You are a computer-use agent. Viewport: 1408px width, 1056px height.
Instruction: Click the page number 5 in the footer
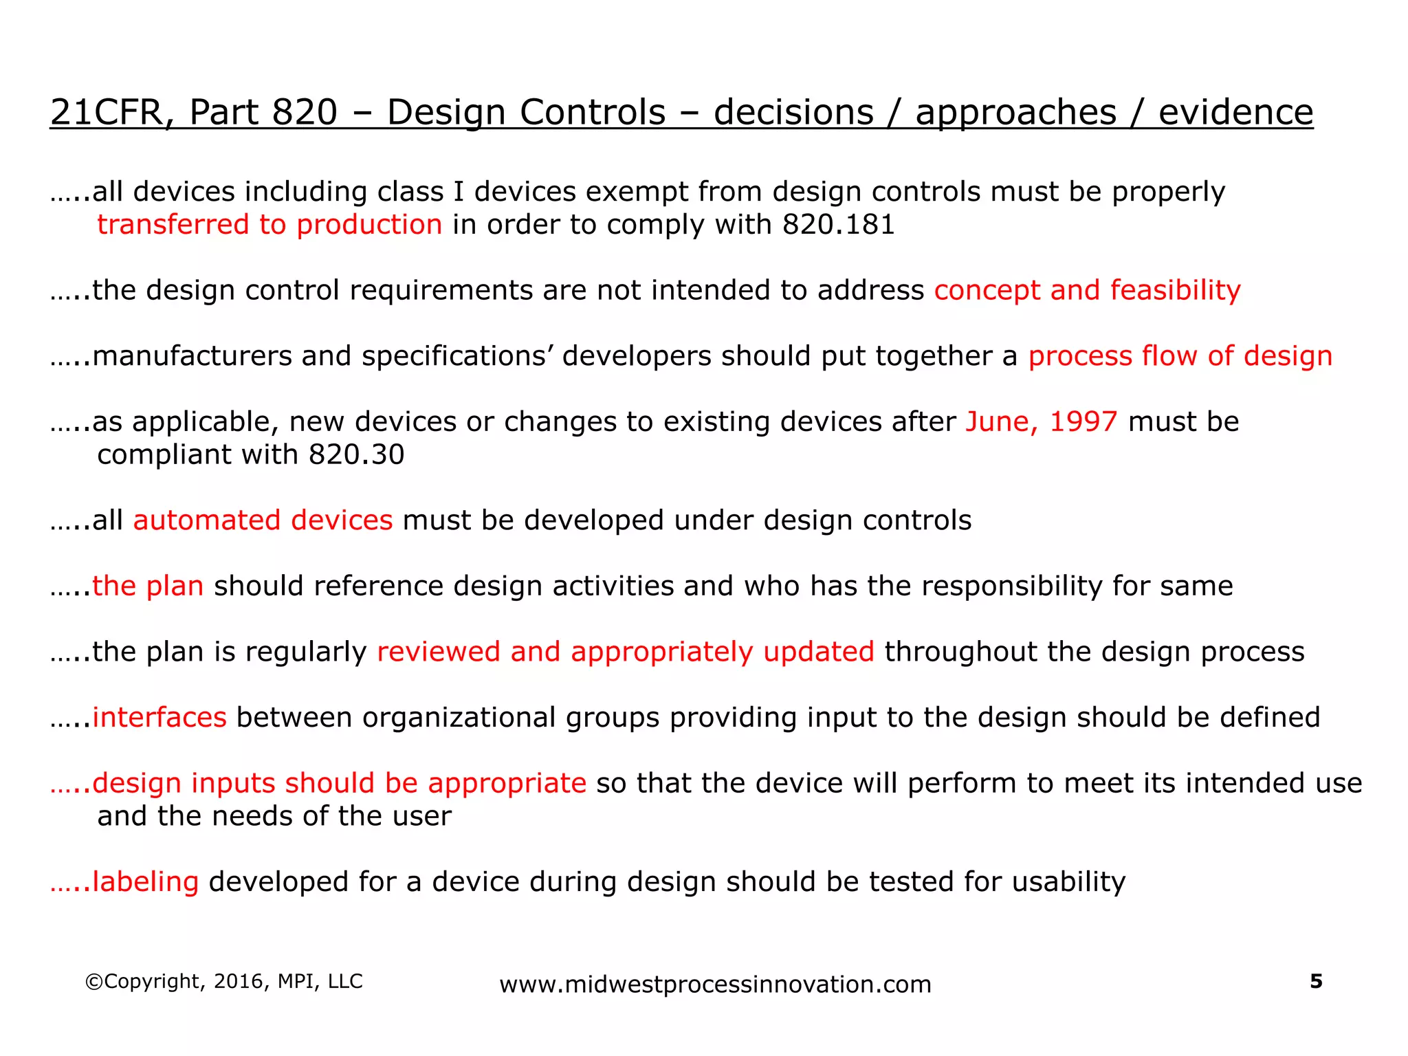[1316, 981]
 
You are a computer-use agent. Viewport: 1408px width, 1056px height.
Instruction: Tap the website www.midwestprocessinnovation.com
[715, 984]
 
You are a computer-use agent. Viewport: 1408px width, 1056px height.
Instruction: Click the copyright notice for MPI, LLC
[223, 981]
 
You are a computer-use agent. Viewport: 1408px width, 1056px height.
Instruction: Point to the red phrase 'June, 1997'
[1041, 421]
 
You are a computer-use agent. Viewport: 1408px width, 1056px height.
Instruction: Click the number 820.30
[356, 454]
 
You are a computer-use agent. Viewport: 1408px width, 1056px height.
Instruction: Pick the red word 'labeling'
[145, 881]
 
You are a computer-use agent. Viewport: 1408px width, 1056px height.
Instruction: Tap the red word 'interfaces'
[159, 717]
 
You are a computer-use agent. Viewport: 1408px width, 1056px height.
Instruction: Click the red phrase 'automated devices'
[263, 520]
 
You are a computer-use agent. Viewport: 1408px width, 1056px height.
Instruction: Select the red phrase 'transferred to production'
[269, 225]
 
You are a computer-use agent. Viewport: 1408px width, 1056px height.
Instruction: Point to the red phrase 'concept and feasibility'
[1087, 290]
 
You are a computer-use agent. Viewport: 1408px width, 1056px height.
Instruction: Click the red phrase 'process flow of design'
[1180, 356]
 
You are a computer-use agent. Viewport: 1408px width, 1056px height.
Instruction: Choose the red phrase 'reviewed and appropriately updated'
[626, 652]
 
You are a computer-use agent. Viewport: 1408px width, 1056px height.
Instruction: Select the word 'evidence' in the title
[1235, 112]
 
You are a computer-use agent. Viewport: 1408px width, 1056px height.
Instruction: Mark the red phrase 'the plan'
[148, 586]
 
